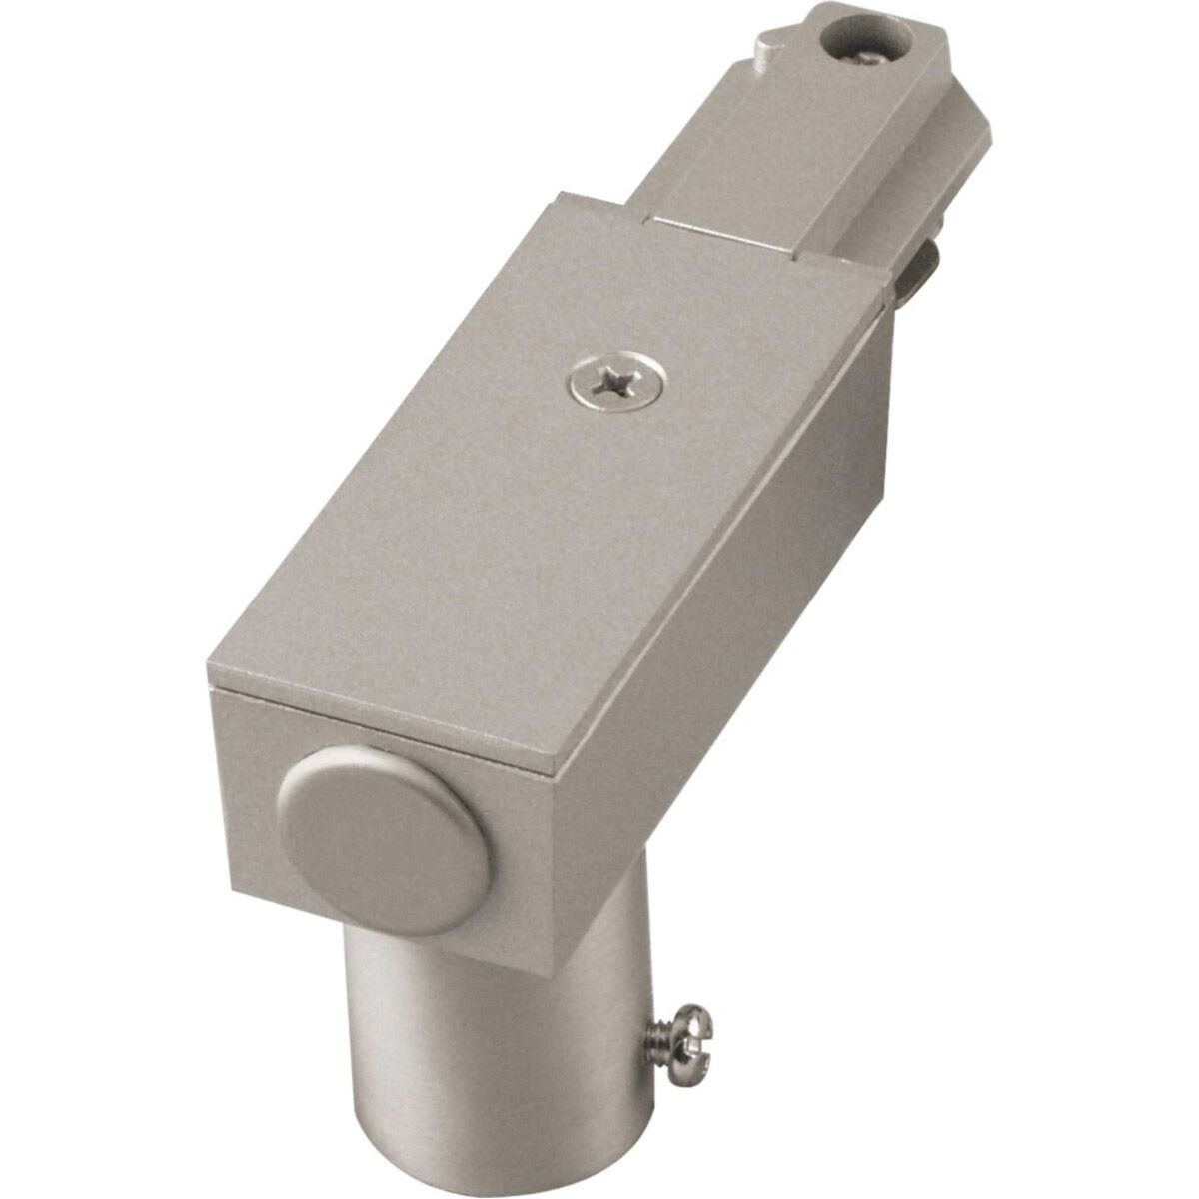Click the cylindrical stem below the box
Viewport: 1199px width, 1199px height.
pos(490,1029)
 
